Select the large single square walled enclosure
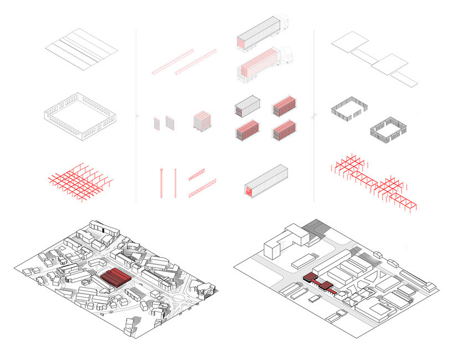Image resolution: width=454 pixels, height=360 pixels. point(81,117)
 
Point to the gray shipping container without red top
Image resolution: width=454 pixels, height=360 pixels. point(246,106)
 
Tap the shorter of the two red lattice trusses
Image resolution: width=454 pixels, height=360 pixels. point(197,177)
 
